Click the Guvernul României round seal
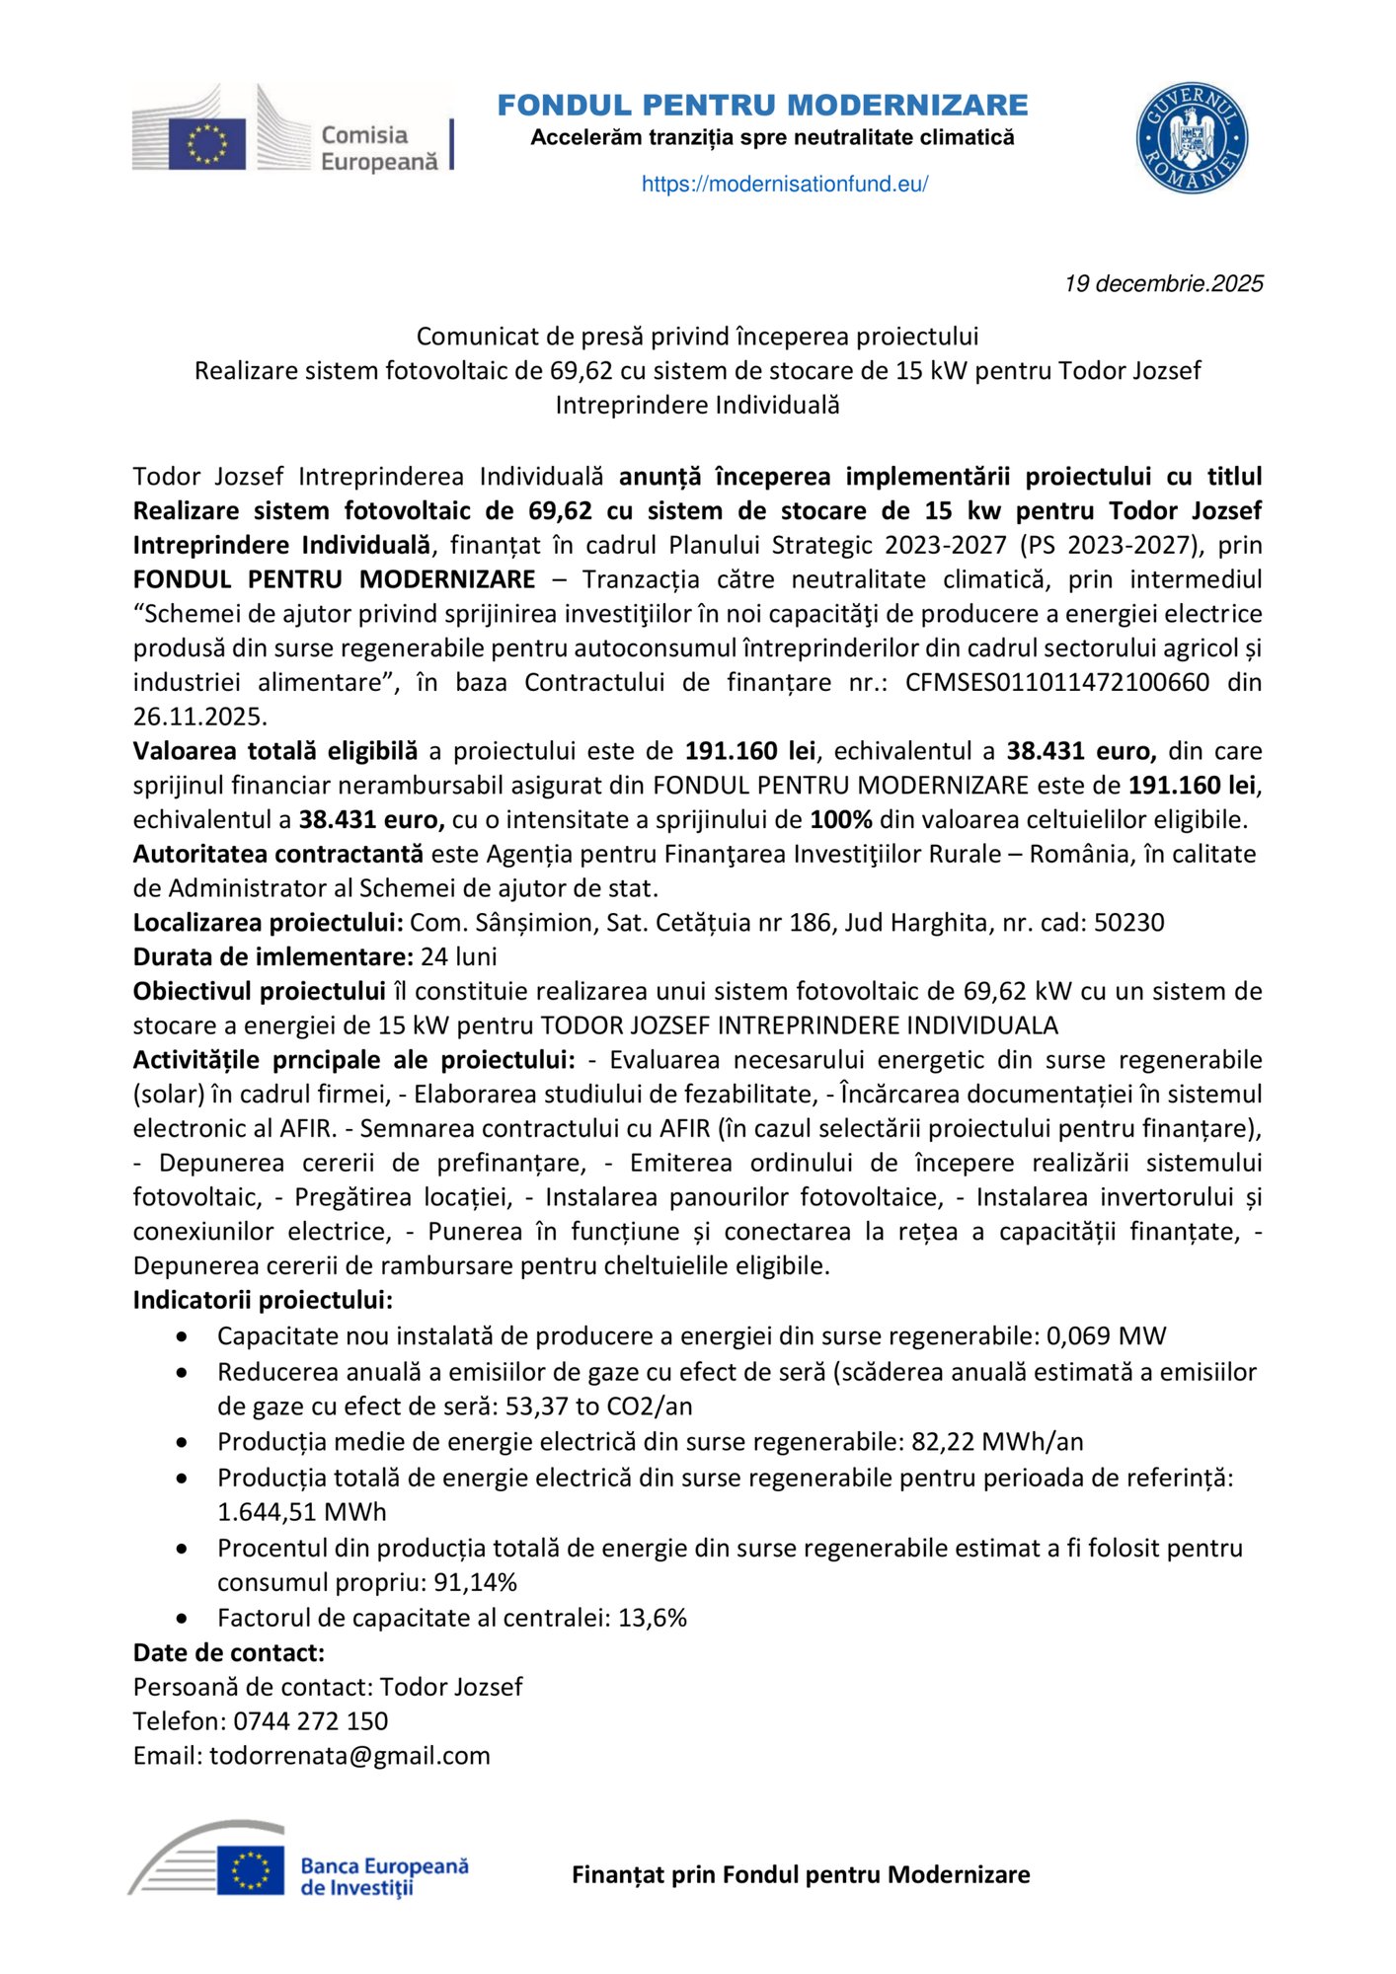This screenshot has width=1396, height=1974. click(x=1192, y=137)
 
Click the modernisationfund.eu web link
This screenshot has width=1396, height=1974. click(x=784, y=184)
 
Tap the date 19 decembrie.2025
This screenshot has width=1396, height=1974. click(x=1163, y=284)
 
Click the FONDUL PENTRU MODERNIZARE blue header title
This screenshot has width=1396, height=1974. click(x=762, y=105)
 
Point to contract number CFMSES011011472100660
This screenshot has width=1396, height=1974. click(x=1056, y=682)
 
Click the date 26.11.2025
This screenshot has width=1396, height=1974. click(x=199, y=717)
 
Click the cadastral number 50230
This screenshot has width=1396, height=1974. click(x=1128, y=923)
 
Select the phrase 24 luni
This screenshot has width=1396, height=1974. click(x=458, y=956)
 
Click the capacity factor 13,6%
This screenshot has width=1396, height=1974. click(x=652, y=1618)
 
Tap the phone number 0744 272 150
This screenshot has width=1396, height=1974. click(x=310, y=1721)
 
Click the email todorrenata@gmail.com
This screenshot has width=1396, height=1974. click(x=349, y=1756)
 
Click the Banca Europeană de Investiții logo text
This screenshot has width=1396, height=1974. click(x=384, y=1876)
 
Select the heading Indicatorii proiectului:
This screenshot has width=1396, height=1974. click(x=263, y=1300)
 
